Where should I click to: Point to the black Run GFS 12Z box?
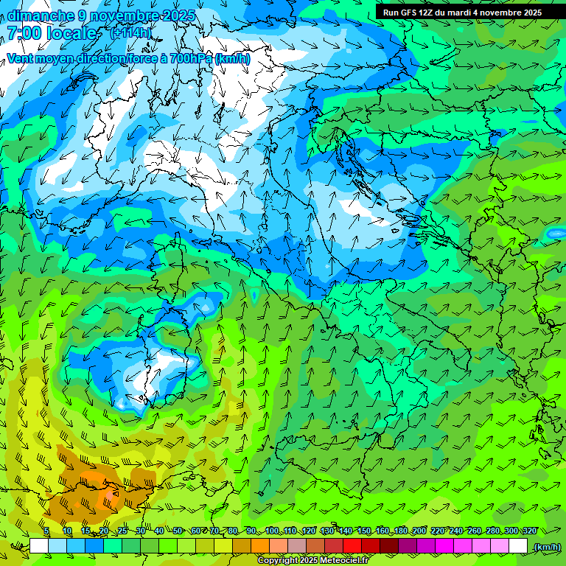462,12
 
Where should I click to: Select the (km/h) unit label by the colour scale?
547,547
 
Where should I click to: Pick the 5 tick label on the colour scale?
46,531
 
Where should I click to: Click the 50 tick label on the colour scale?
178,531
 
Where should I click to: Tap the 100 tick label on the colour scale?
272,531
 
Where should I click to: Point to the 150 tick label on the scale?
364,531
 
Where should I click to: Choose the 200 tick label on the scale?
419,531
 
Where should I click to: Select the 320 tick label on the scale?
530,531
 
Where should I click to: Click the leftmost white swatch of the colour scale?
39,546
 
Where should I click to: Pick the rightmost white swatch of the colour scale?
518,546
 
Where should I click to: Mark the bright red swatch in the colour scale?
352,546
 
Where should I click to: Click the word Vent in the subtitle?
20,59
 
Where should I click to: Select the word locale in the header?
72,33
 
